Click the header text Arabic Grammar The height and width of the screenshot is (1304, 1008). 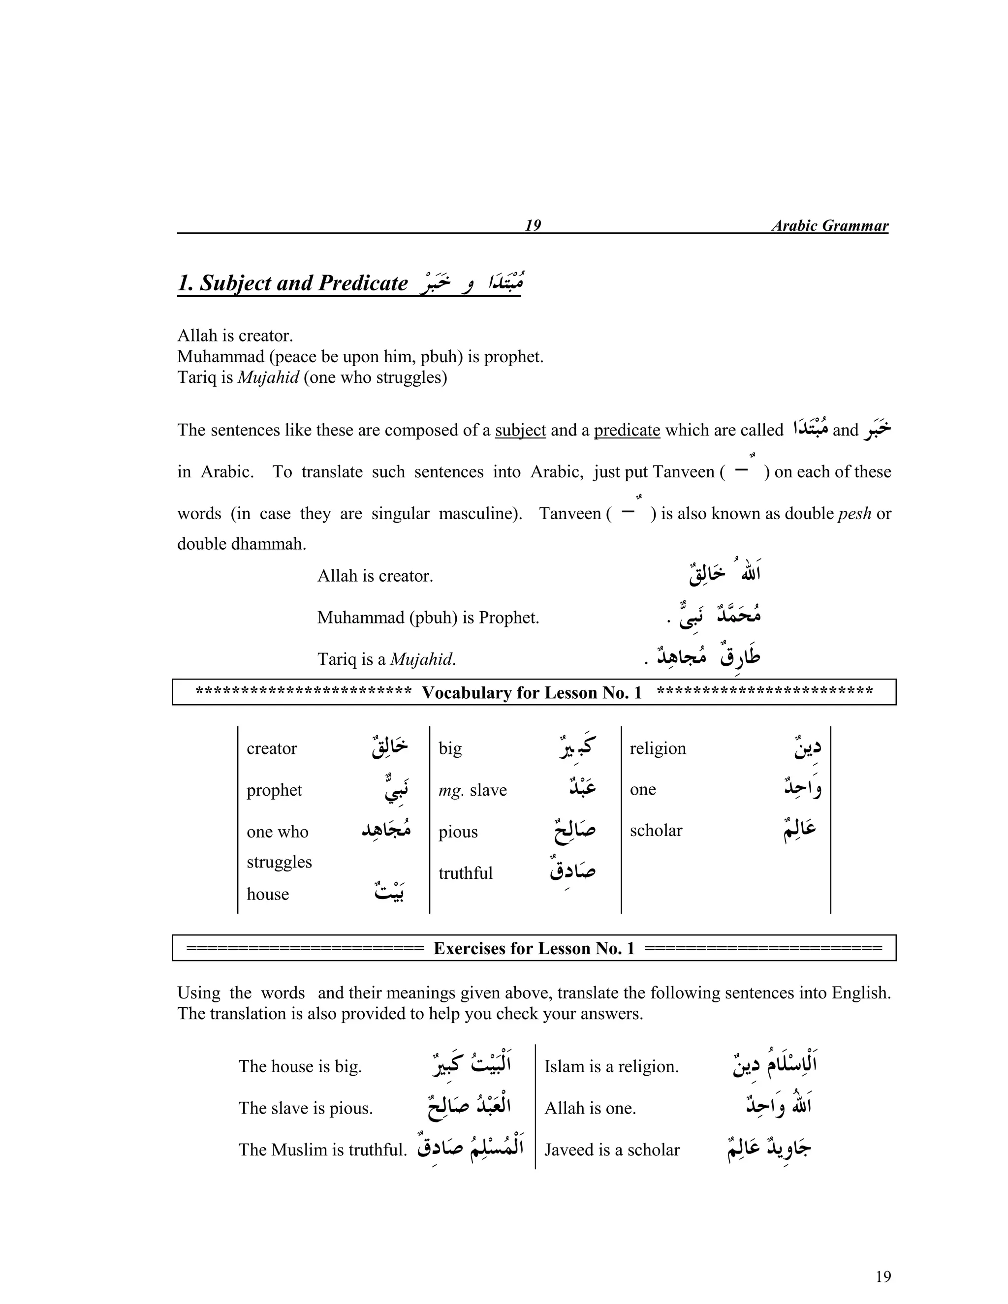click(829, 226)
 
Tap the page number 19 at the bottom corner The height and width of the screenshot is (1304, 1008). click(882, 1276)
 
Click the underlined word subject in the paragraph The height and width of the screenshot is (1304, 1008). click(520, 430)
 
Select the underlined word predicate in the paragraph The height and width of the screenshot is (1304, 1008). click(627, 430)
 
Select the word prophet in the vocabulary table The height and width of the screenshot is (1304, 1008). click(274, 790)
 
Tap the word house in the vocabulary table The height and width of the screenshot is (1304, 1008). click(268, 894)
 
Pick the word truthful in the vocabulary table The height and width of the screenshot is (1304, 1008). click(465, 873)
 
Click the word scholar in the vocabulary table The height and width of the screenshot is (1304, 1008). click(656, 831)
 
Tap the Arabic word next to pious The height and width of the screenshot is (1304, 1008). click(574, 831)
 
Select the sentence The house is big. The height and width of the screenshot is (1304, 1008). click(300, 1066)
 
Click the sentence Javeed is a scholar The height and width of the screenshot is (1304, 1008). click(611, 1150)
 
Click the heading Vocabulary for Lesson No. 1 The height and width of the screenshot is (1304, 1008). click(532, 693)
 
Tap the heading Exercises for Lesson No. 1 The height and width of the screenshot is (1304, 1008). click(534, 948)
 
